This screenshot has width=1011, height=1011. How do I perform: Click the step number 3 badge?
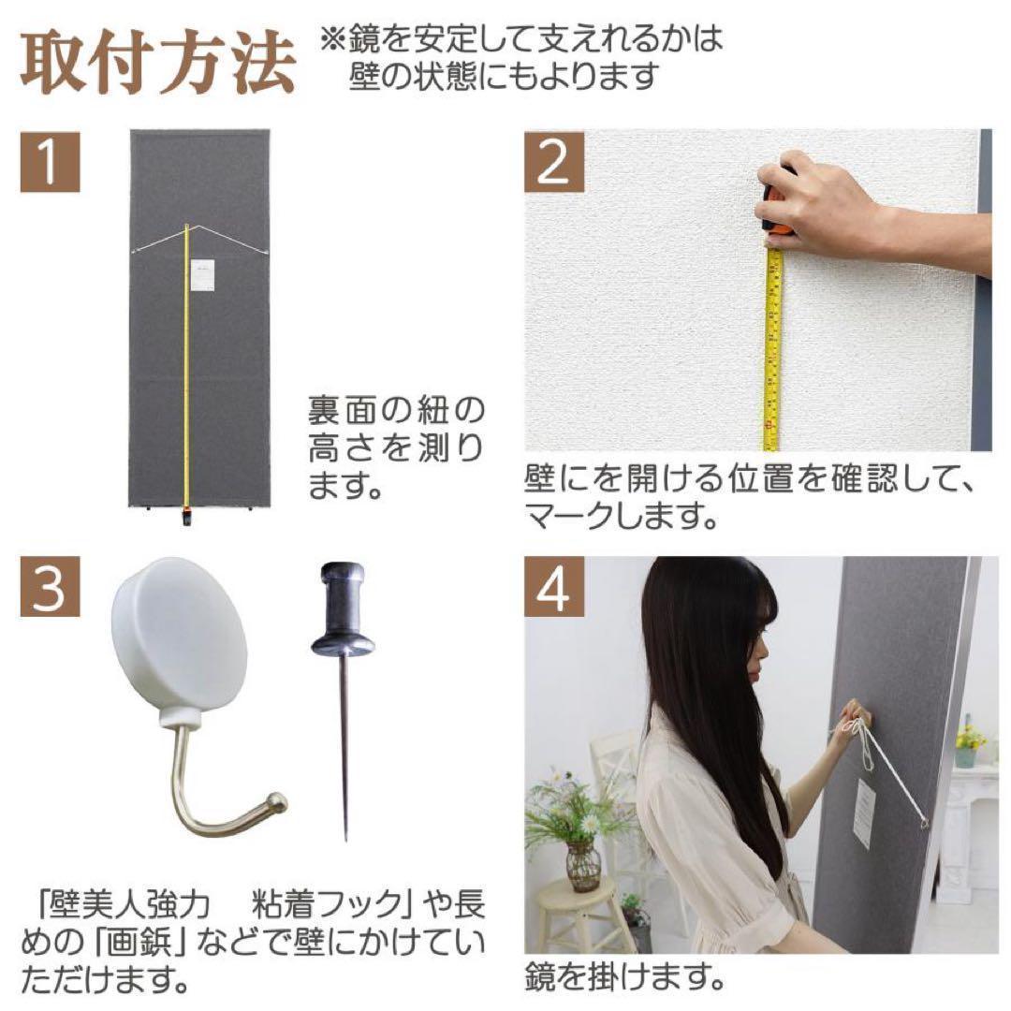pos(50,588)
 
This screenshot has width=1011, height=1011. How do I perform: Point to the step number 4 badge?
pos(553,588)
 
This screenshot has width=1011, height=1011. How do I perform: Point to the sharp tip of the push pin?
pos(346,836)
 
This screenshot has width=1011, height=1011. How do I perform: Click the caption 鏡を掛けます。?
pos(625,980)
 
